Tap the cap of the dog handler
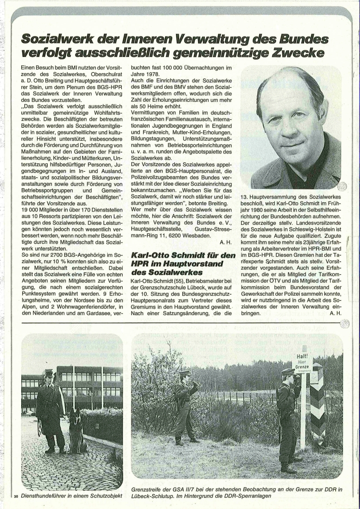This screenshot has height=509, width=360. click(x=49, y=372)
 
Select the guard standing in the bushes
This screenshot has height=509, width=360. click(x=185, y=403)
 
